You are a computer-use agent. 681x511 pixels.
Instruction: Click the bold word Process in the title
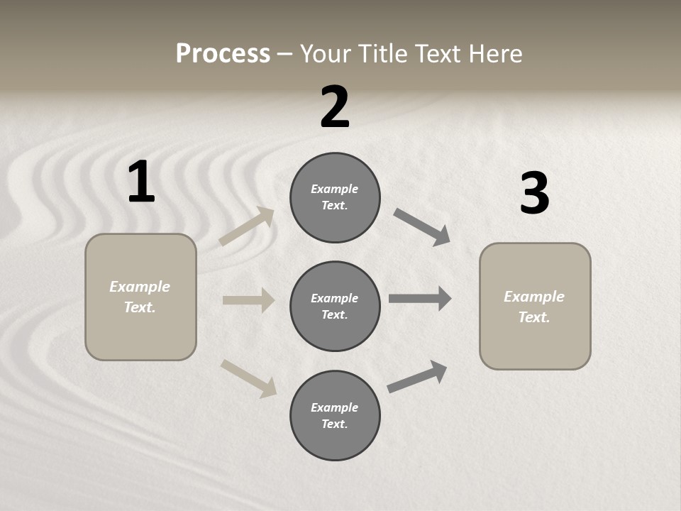pos(223,53)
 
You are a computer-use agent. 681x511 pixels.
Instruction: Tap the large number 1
pos(141,182)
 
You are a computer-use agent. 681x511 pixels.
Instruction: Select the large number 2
pos(335,107)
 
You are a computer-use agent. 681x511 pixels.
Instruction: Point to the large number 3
pos(534,194)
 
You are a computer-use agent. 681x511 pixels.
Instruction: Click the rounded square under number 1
pos(140,297)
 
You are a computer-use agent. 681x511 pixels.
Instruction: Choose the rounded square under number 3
pos(535,306)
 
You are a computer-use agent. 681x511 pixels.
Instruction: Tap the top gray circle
pos(335,197)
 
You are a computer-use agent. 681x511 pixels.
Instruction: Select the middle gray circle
pos(335,306)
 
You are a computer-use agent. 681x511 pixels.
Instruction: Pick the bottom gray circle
pos(335,415)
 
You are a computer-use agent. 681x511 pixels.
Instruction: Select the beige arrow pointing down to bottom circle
pos(248,378)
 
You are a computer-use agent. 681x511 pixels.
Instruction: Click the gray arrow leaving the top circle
pos(422,227)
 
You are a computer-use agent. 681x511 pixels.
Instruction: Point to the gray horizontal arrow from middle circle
pos(420,299)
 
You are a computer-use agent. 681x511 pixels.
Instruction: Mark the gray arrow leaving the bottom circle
pos(417,377)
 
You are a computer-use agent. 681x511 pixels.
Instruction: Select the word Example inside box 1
pos(140,287)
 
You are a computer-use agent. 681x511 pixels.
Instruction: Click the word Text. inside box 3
pos(534,317)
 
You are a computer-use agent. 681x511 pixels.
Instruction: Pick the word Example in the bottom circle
pos(334,407)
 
